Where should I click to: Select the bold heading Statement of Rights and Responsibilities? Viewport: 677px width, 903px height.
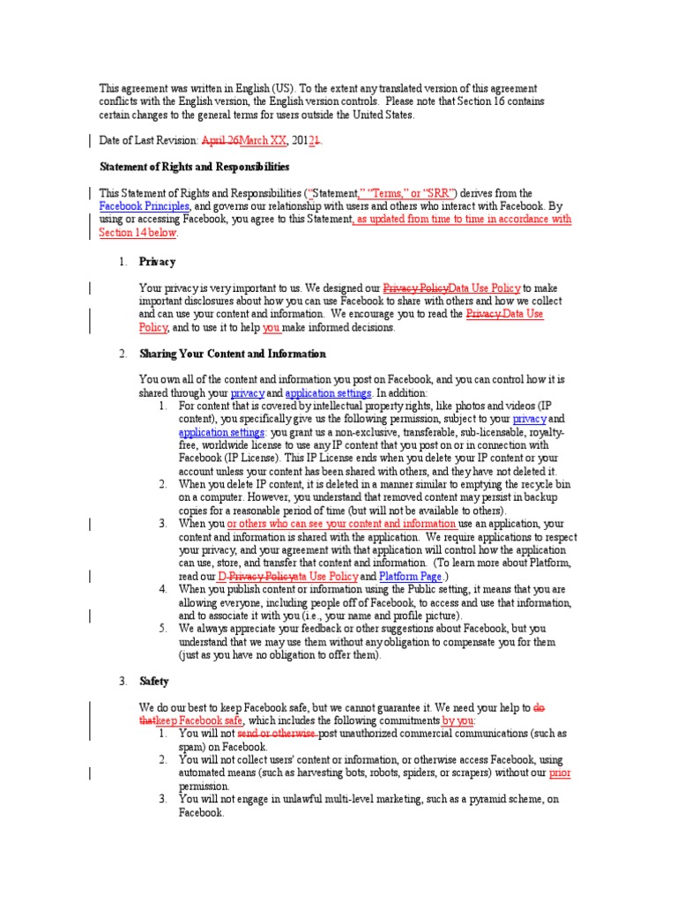pos(193,166)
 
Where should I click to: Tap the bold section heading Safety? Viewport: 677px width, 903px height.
pos(154,682)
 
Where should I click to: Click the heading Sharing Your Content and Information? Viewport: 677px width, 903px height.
pos(232,354)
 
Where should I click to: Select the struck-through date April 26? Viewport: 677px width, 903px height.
pos(220,140)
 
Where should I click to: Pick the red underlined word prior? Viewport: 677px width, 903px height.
pos(560,772)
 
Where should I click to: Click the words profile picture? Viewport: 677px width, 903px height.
pos(420,616)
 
